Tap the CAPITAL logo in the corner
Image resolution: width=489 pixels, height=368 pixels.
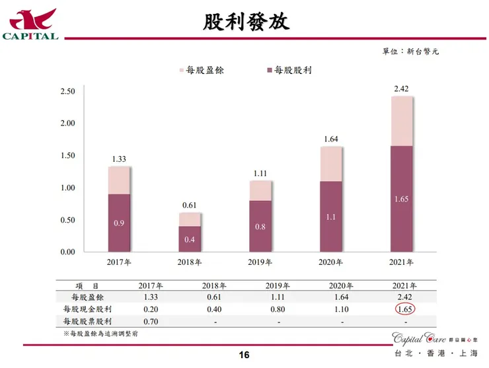click(x=31, y=24)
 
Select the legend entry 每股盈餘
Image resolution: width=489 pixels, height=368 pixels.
click(x=201, y=70)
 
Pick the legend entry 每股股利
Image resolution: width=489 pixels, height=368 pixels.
click(x=288, y=70)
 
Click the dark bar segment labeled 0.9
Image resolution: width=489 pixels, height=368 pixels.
click(x=119, y=223)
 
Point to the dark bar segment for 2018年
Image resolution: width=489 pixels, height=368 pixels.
click(x=190, y=239)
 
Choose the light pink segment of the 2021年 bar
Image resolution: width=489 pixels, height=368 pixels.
click(x=402, y=121)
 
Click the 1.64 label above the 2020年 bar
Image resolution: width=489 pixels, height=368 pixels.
click(x=331, y=139)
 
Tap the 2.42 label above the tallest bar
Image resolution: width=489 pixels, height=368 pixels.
click(x=402, y=89)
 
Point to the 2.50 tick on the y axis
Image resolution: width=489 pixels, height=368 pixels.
click(x=67, y=91)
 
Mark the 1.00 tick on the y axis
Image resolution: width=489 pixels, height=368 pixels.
click(x=67, y=188)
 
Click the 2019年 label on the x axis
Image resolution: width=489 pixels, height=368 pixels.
click(x=260, y=262)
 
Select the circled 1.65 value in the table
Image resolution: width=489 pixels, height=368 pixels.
click(x=404, y=309)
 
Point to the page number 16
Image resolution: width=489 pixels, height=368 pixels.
click(x=244, y=355)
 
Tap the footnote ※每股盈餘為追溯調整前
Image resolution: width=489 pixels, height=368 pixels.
click(x=100, y=334)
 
